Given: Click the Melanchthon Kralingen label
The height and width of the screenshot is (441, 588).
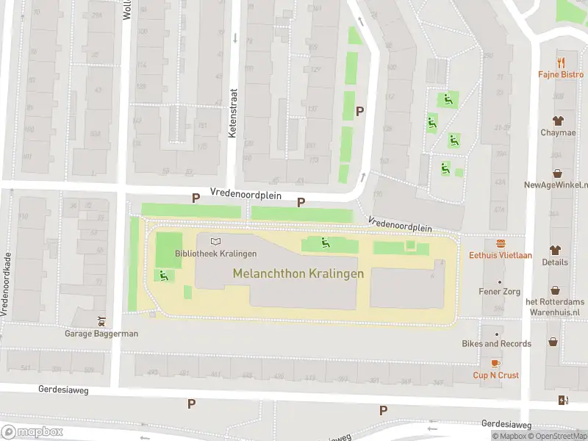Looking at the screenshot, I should pyautogui.click(x=298, y=273).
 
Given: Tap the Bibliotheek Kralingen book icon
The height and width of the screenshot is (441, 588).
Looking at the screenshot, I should pyautogui.click(x=215, y=241).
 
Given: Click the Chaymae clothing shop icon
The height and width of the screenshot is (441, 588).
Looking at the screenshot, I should pyautogui.click(x=558, y=120).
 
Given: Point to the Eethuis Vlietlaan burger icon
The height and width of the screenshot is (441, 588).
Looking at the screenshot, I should pyautogui.click(x=501, y=243).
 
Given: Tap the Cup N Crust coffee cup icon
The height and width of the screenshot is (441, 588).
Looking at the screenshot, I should pyautogui.click(x=496, y=363).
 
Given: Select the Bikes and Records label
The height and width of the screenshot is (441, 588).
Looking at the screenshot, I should pyautogui.click(x=496, y=343).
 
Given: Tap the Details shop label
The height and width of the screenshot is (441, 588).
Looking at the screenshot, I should pyautogui.click(x=555, y=262).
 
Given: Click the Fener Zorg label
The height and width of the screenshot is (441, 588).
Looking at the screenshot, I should pyautogui.click(x=499, y=292).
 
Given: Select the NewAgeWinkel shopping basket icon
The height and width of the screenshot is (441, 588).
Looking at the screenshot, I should pyautogui.click(x=558, y=173).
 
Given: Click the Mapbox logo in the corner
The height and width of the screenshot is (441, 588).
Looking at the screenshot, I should pyautogui.click(x=32, y=432).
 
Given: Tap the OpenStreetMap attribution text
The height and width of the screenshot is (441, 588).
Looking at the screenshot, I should pyautogui.click(x=558, y=437).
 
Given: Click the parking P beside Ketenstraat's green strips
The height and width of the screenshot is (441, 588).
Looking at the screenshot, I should pyautogui.click(x=359, y=111).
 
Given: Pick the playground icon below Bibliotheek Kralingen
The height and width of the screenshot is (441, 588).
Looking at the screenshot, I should pyautogui.click(x=162, y=276).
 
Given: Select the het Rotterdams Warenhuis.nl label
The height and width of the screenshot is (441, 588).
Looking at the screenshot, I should pyautogui.click(x=556, y=306).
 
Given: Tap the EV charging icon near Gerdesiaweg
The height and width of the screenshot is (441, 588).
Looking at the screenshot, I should pyautogui.click(x=563, y=401).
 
